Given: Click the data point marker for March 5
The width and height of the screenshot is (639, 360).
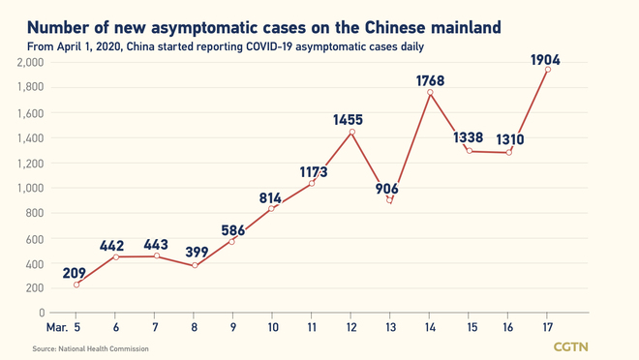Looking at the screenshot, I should (x=76, y=284).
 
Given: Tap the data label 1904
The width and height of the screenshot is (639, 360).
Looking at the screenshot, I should (x=547, y=59).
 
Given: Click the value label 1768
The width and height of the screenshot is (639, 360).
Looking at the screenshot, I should (x=429, y=80).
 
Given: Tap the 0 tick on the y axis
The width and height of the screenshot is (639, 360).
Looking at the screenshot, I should (x=41, y=314).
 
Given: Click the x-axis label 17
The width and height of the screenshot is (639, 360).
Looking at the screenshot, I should (x=547, y=327).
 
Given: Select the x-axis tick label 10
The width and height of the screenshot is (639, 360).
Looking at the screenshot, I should (x=272, y=327).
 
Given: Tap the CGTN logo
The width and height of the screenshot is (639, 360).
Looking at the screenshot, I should (x=571, y=345).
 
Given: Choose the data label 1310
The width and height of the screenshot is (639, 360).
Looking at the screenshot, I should (x=508, y=137).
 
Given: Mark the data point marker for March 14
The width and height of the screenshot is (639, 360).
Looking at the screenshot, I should (x=429, y=93).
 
